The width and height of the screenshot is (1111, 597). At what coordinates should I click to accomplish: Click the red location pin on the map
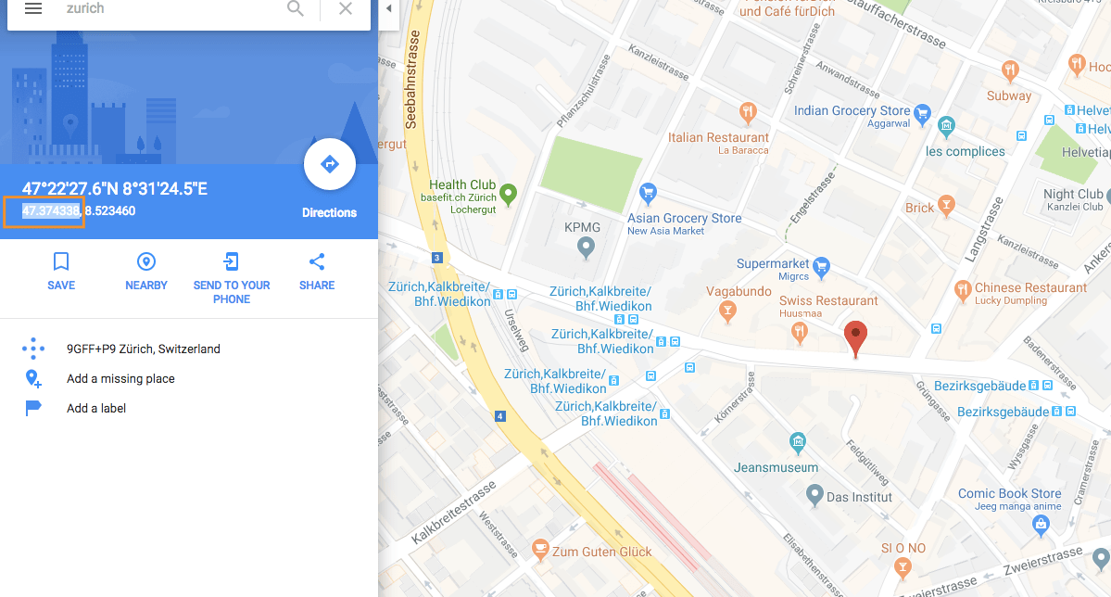[x=856, y=337]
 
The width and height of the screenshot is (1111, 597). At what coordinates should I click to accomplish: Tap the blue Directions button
[x=329, y=165]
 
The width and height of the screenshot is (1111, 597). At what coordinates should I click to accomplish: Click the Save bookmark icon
[x=61, y=261]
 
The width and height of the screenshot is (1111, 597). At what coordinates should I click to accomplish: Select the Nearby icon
[x=146, y=261]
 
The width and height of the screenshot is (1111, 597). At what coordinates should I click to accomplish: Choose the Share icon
[x=317, y=261]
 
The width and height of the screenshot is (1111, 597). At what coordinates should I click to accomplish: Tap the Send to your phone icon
[x=232, y=261]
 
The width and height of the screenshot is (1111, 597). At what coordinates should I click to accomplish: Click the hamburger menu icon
[x=33, y=8]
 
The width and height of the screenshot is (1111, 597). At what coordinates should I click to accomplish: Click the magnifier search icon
[x=296, y=8]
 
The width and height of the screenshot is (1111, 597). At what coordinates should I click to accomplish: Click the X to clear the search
[x=346, y=8]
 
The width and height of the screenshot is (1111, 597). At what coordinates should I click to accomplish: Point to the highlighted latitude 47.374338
[x=51, y=210]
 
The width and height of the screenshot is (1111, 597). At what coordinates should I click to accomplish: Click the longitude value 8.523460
[x=109, y=210]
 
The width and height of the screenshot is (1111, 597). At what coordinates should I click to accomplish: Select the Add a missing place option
[x=120, y=378]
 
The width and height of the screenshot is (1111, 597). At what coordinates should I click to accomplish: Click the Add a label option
[x=96, y=408]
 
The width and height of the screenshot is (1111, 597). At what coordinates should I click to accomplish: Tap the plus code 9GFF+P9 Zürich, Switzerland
[x=144, y=349]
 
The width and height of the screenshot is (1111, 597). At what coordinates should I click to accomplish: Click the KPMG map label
[x=583, y=227]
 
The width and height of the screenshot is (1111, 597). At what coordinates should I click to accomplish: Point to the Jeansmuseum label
[x=776, y=467]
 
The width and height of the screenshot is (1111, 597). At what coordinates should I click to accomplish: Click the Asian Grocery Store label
[x=685, y=218]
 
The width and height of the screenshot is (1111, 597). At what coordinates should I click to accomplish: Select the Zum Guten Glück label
[x=602, y=552]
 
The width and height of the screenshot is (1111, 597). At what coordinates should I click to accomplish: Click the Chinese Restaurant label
[x=1030, y=287]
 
